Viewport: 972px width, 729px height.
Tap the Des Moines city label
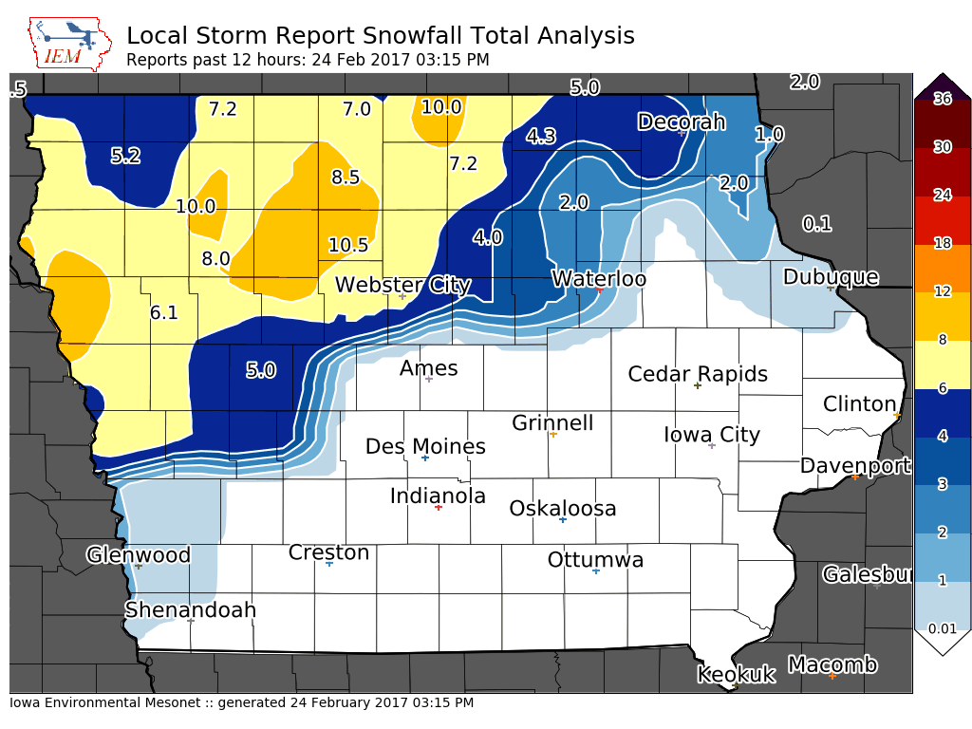click(x=425, y=446)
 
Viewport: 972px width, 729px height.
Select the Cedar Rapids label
click(x=698, y=374)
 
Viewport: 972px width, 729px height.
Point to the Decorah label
click(x=681, y=121)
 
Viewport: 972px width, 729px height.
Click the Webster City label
click(x=402, y=285)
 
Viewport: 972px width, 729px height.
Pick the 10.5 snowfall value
click(x=348, y=245)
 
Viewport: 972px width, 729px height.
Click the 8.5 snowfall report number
click(x=346, y=177)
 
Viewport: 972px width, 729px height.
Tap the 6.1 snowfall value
click(x=164, y=311)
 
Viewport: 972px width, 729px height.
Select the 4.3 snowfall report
click(x=541, y=136)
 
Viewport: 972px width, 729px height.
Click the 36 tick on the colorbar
click(x=942, y=100)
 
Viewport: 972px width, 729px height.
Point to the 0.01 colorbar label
click(x=942, y=628)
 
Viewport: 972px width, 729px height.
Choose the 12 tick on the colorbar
click(x=942, y=291)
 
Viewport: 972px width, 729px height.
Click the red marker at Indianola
click(x=438, y=508)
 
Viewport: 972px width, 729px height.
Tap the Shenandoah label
click(x=191, y=609)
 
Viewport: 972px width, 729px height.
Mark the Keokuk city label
click(x=736, y=675)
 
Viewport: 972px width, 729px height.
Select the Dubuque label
click(x=831, y=277)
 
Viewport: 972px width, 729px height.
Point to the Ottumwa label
click(x=595, y=560)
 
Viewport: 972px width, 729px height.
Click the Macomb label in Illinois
click(x=832, y=664)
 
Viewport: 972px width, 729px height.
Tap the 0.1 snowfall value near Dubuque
click(x=816, y=224)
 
